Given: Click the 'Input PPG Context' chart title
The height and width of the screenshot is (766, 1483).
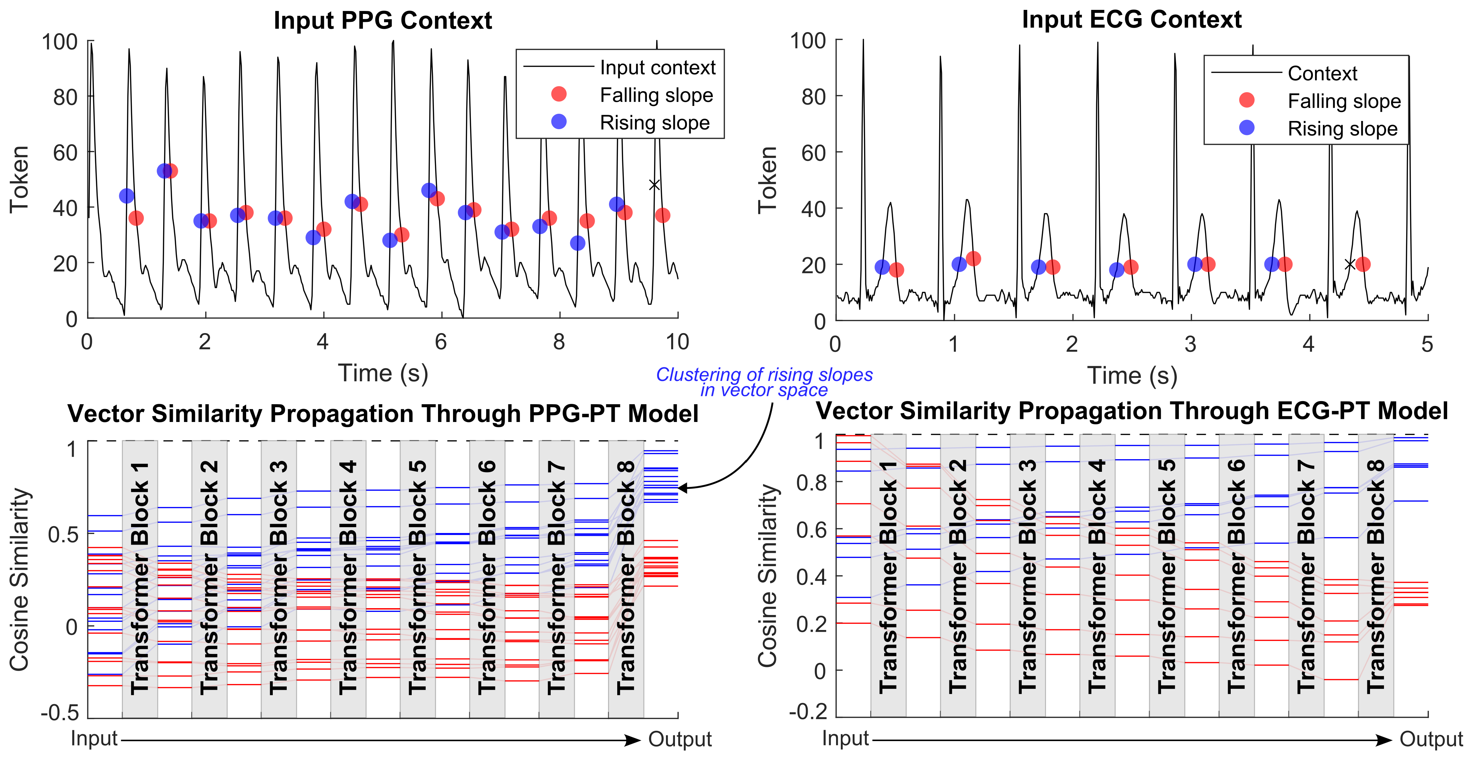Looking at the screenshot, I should tap(382, 21).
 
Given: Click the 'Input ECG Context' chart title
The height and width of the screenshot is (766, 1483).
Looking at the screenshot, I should tap(1131, 19).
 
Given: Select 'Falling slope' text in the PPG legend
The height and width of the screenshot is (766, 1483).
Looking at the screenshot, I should tap(656, 95).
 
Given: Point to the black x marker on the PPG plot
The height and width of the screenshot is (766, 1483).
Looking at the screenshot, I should tap(654, 185).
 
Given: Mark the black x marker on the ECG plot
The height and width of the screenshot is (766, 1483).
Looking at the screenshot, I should tap(1350, 264).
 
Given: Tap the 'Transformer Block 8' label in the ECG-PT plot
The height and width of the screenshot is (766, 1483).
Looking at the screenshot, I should tap(1375, 576).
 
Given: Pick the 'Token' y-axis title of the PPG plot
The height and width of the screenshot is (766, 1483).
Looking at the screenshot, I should tap(19, 180).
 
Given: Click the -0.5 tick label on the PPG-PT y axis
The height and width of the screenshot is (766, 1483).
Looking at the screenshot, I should tap(59, 713).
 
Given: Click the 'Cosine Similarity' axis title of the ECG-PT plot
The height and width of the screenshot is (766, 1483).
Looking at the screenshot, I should tap(767, 576).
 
